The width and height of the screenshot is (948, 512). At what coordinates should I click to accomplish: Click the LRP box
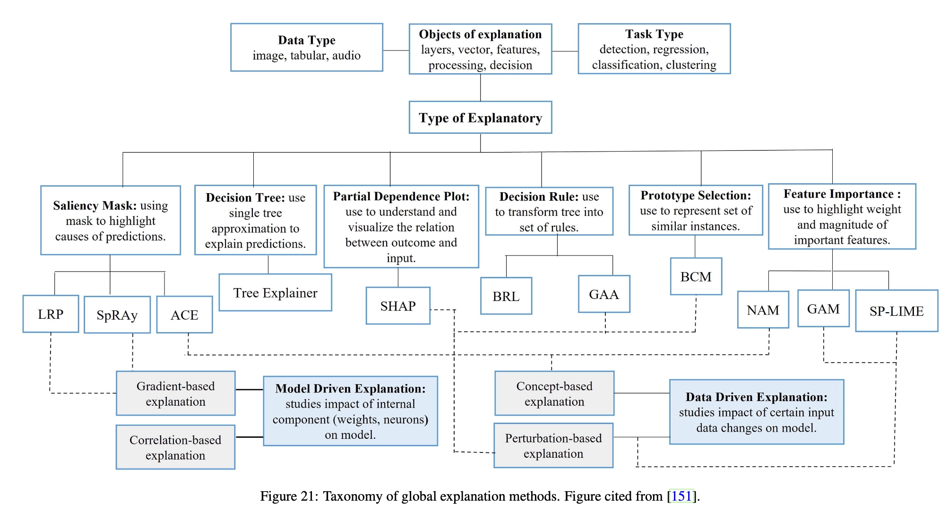(x=51, y=314)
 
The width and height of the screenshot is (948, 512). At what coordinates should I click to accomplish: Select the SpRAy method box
(x=117, y=315)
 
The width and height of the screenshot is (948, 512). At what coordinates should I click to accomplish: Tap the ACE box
(x=184, y=315)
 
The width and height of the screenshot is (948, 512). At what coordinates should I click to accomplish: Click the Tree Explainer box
(x=275, y=293)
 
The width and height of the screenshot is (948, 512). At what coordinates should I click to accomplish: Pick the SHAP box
(x=398, y=306)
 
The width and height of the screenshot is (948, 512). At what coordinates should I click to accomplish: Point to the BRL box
(x=506, y=297)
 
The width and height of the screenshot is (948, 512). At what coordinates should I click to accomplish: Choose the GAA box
(x=603, y=295)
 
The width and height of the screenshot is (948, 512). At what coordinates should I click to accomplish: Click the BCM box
(x=696, y=277)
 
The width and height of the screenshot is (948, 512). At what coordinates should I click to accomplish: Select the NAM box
(x=763, y=310)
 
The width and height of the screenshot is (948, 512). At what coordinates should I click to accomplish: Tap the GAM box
(x=823, y=309)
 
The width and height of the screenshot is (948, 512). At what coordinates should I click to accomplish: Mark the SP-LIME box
(x=896, y=311)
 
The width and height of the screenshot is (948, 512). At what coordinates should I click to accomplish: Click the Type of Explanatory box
(x=480, y=118)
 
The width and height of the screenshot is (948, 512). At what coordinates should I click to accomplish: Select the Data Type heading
(x=307, y=40)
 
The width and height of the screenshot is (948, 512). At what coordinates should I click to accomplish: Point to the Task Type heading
(x=654, y=34)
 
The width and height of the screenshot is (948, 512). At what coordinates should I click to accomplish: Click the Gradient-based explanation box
(x=175, y=393)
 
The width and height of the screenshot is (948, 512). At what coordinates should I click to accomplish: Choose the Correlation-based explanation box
(x=175, y=447)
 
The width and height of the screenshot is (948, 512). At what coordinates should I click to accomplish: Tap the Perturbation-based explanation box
(x=553, y=445)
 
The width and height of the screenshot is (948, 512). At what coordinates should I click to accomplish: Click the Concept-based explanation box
(x=554, y=393)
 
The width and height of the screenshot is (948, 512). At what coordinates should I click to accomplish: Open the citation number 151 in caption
(x=681, y=496)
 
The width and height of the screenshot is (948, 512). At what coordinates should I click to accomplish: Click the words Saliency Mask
(x=95, y=205)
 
